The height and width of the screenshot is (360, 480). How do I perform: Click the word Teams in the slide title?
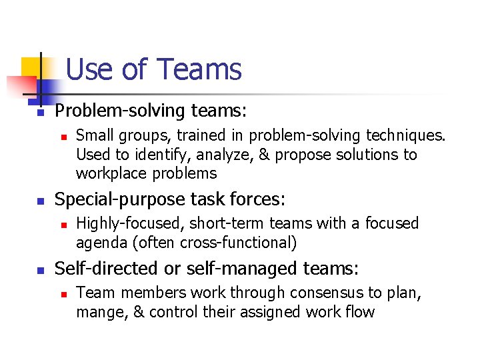[199, 69]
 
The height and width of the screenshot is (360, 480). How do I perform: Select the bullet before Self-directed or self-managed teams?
[40, 270]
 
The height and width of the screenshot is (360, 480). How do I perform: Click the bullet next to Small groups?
[63, 137]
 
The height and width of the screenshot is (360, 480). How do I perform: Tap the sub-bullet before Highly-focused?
[63, 225]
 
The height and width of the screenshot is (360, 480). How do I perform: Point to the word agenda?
[99, 243]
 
